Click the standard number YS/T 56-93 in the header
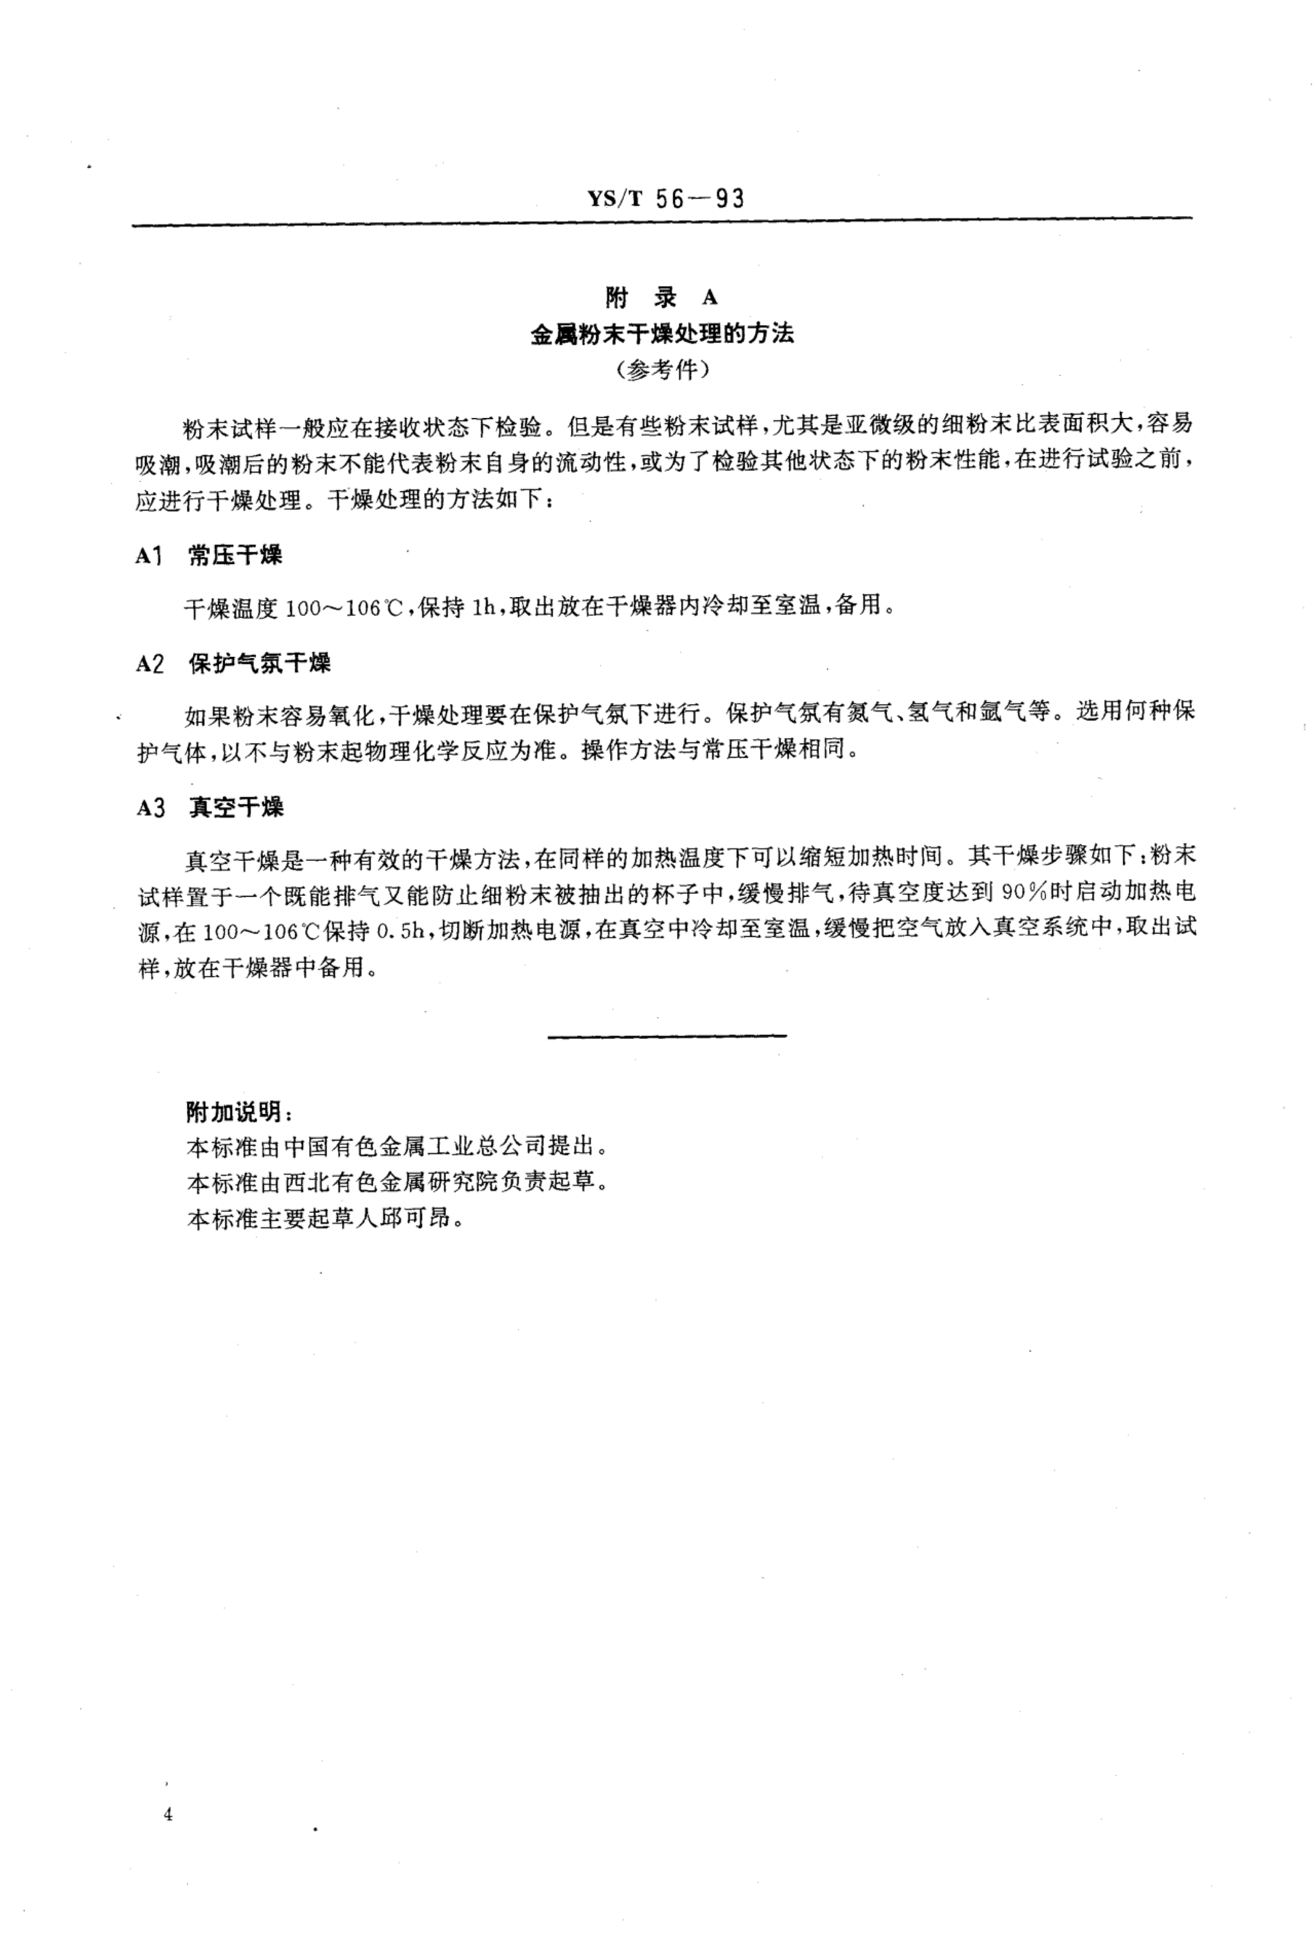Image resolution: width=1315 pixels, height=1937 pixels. pos(665,199)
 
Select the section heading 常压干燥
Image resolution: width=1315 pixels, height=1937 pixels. pos(235,555)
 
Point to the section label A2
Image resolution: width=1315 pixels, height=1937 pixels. pos(150,664)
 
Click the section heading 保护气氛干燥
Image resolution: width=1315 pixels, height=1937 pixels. pos(259,663)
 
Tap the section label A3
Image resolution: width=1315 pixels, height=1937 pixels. pos(150,808)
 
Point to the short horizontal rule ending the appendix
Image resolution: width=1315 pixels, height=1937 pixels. pos(667,1036)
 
